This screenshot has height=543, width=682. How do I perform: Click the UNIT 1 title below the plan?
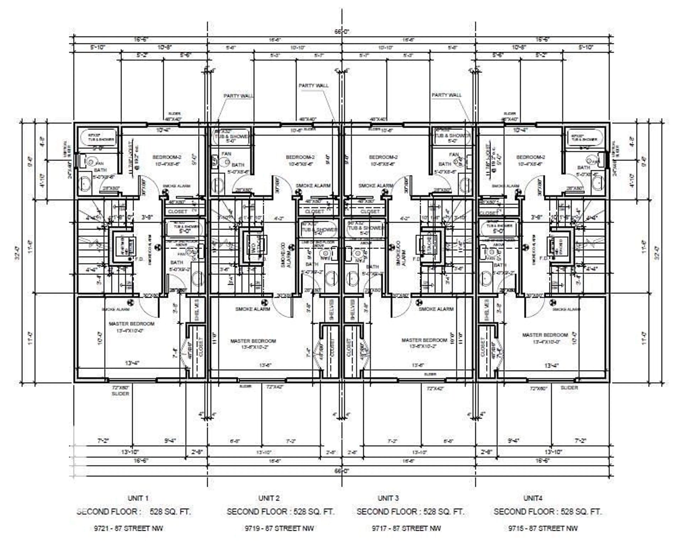point(138,498)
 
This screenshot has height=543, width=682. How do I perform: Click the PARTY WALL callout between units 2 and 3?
point(313,86)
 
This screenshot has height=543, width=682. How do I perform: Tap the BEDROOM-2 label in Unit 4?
point(531,157)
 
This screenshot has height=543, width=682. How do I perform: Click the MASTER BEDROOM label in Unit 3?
point(424,340)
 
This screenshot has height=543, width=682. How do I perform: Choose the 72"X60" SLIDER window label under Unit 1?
point(121,390)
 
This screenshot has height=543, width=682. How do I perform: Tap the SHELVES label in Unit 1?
point(196,310)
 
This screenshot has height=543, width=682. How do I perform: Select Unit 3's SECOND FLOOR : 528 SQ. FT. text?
point(410,512)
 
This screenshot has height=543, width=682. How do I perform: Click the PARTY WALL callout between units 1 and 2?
point(238,96)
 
